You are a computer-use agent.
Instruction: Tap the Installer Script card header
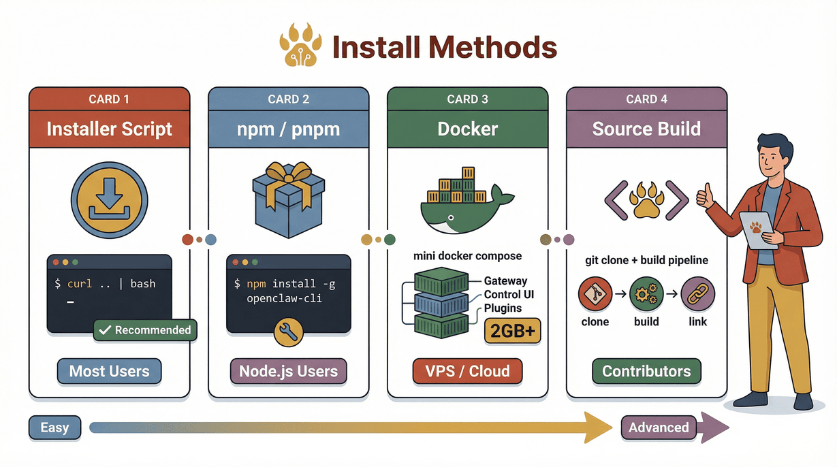[109, 129]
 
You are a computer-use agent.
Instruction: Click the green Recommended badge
[145, 330]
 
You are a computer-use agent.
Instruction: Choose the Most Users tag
[109, 371]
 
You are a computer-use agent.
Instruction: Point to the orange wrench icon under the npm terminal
[287, 332]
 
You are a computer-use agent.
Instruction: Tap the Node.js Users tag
[288, 371]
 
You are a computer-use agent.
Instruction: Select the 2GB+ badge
[511, 331]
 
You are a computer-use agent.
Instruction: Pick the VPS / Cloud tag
[467, 371]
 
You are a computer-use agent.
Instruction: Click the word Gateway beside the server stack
[505, 280]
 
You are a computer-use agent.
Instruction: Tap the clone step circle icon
[595, 293]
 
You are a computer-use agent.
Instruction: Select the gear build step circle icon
[646, 293]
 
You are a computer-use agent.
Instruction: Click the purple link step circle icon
[697, 293]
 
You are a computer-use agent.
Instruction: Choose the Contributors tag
[646, 371]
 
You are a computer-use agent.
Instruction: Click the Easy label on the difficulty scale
[54, 428]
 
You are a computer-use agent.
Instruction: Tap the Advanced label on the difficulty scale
[658, 428]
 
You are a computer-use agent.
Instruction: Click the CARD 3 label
[467, 99]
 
